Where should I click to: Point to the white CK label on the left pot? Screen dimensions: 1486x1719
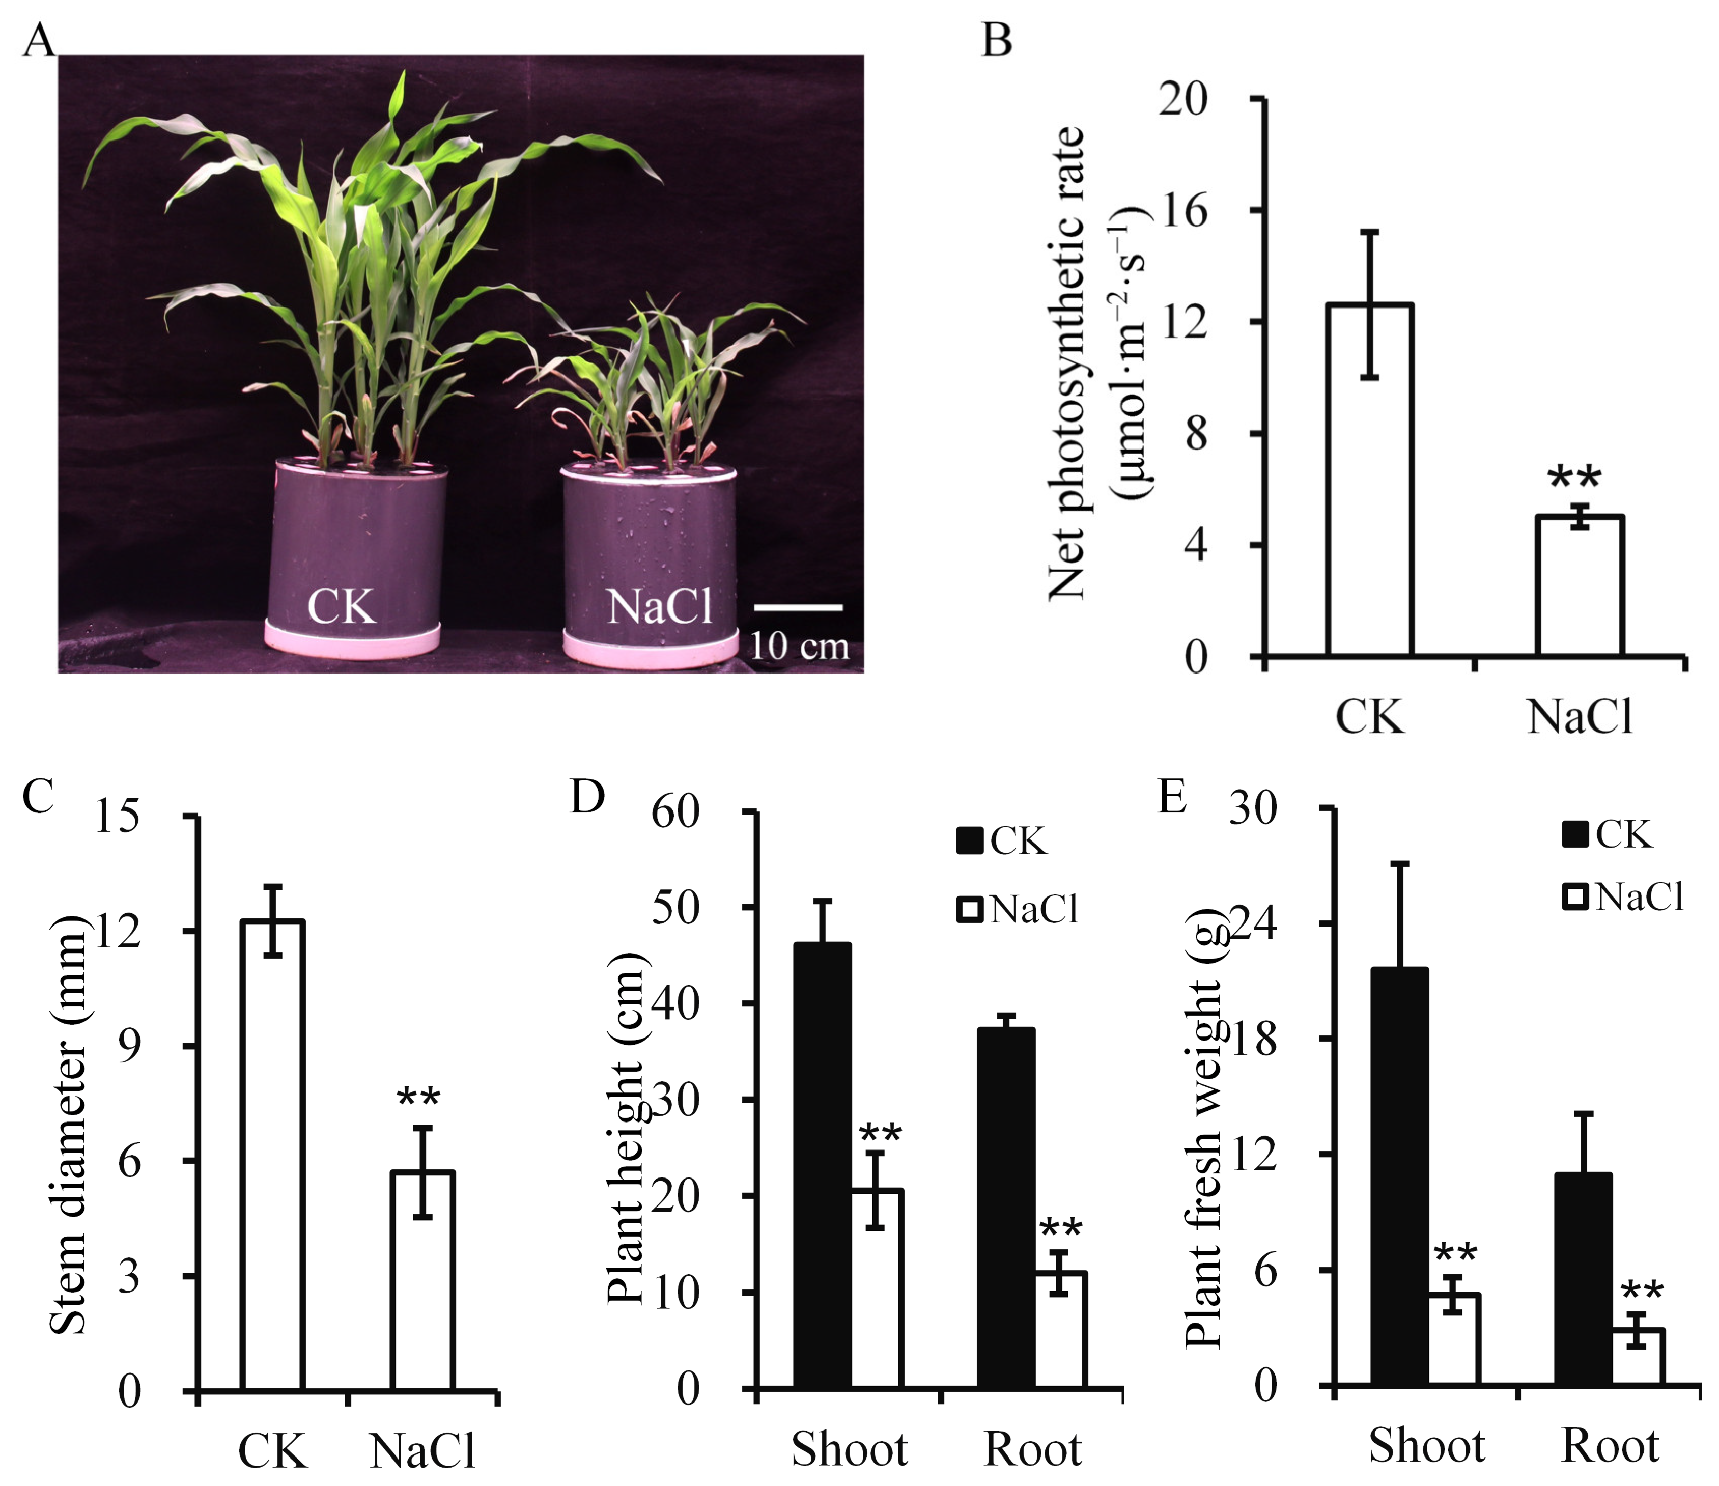342,606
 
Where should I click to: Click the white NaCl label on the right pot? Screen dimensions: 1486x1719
660,606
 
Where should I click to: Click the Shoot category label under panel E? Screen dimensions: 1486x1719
1426,1445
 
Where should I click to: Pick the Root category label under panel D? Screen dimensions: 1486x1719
1032,1449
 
